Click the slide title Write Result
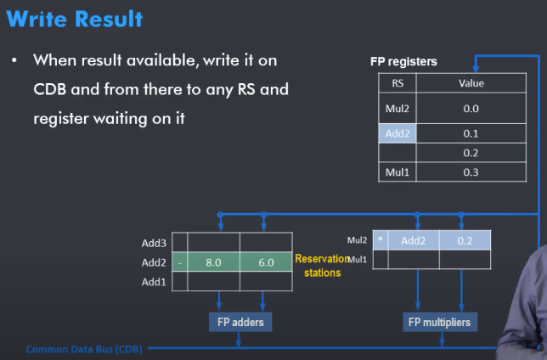[x=74, y=19]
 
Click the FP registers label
[x=403, y=62]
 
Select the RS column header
[x=398, y=83]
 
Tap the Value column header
[x=471, y=83]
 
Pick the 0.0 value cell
[x=471, y=109]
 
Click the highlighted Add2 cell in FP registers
[x=398, y=133]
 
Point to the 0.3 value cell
[x=471, y=172]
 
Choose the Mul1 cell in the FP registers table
[x=398, y=172]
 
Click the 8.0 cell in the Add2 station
[x=213, y=263]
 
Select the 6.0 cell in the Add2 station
[x=265, y=263]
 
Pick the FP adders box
[x=241, y=322]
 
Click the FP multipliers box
[x=438, y=322]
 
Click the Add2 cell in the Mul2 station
[x=414, y=240]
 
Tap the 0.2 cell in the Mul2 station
[x=465, y=240]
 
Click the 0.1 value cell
[x=471, y=133]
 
